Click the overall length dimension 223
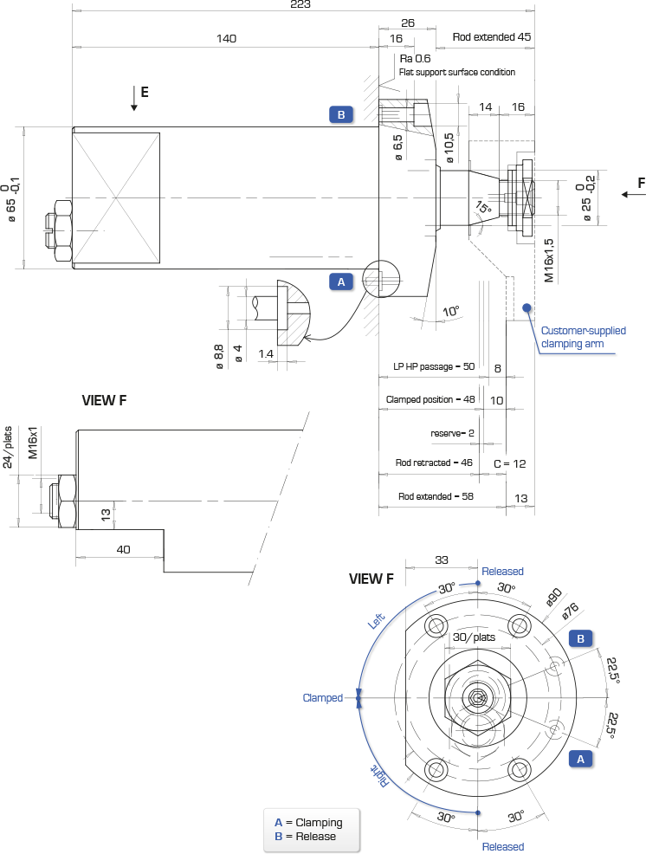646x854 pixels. point(300,4)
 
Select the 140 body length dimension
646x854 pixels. point(226,38)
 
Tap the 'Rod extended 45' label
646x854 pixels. point(491,37)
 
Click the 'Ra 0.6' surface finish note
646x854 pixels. point(415,58)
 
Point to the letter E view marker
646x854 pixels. point(145,92)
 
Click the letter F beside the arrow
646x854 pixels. point(641,183)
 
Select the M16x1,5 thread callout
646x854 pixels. point(548,261)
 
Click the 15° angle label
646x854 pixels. point(483,208)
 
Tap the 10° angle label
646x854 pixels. point(451,312)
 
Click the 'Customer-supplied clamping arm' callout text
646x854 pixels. point(583,337)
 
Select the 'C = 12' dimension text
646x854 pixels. point(510,463)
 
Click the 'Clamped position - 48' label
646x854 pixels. point(430,399)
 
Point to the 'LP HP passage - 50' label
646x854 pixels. point(434,366)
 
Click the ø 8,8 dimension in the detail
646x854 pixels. point(219,357)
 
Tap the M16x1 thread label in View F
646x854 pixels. point(33,443)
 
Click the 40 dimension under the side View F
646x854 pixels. point(124,549)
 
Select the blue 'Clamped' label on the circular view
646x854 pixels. point(322,698)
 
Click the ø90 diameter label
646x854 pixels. point(554,597)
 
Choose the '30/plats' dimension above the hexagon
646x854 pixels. point(474,637)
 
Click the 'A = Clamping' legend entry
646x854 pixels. point(308,823)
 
